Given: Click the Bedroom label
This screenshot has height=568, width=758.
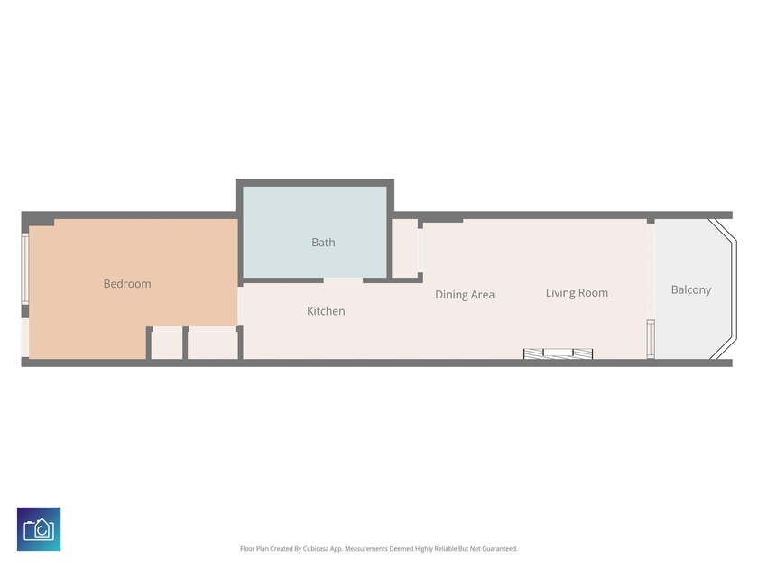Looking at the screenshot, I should click(x=127, y=284).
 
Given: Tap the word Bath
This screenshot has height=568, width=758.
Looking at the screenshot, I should click(x=323, y=242).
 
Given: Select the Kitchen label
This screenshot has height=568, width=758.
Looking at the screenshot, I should click(x=326, y=311).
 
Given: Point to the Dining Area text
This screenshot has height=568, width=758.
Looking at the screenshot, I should click(x=465, y=295).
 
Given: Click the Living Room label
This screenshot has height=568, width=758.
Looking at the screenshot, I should click(x=577, y=293).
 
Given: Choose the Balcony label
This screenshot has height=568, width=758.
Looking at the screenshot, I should click(x=691, y=289).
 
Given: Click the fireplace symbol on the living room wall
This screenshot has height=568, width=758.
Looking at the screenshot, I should click(x=559, y=353).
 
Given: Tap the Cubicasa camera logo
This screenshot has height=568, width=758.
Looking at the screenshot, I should click(x=39, y=529).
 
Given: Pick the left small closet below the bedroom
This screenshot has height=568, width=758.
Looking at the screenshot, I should click(x=167, y=345).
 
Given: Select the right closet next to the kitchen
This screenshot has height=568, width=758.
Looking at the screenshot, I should click(x=213, y=345).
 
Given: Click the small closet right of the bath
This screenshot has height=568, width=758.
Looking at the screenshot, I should click(x=404, y=249).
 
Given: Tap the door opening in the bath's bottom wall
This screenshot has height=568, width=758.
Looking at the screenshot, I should click(x=343, y=279).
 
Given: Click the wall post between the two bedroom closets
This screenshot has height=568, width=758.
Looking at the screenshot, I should click(x=185, y=343).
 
